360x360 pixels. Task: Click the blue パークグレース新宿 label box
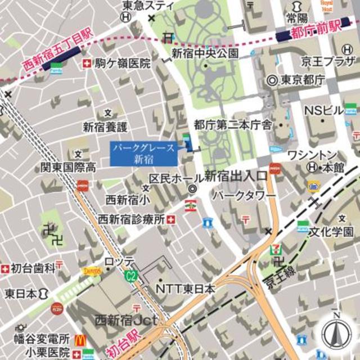click(144, 153)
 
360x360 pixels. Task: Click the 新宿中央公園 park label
click(205, 53)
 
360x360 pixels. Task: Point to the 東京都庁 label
click(302, 80)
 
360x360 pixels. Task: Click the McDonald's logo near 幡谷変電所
click(80, 340)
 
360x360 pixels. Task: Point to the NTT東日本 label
click(185, 289)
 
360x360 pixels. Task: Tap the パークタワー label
click(244, 195)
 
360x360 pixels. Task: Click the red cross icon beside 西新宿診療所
click(170, 219)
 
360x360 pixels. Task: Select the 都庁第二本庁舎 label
click(233, 124)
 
